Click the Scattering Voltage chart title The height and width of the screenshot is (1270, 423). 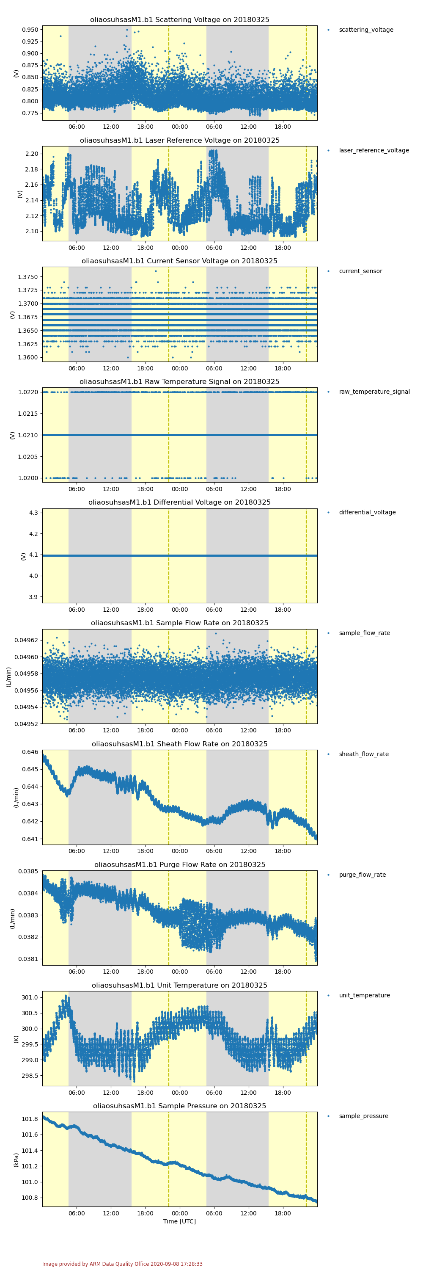[x=179, y=20]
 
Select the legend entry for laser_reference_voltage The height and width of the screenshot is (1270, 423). [x=373, y=150]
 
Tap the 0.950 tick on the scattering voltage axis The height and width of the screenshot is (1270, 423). [x=30, y=30]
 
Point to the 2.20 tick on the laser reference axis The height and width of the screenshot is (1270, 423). [x=32, y=154]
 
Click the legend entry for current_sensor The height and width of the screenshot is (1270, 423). [x=360, y=271]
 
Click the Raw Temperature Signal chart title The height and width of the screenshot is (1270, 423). [x=179, y=381]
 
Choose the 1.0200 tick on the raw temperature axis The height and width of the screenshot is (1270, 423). [x=27, y=478]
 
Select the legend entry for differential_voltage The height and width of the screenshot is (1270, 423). [x=367, y=512]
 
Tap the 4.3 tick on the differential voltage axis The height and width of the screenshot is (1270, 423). [x=33, y=513]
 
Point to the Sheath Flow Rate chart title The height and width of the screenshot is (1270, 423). [x=179, y=744]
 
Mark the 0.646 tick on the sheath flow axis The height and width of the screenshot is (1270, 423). [x=30, y=752]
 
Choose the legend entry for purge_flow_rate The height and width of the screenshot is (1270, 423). [x=362, y=875]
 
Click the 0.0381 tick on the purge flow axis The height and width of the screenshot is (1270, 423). [x=27, y=959]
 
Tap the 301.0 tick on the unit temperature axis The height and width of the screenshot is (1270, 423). [x=30, y=997]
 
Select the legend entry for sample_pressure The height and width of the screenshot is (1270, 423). [x=363, y=1116]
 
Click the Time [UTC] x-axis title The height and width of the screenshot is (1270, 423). [x=179, y=1221]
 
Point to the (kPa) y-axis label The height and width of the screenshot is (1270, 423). [x=16, y=1160]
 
